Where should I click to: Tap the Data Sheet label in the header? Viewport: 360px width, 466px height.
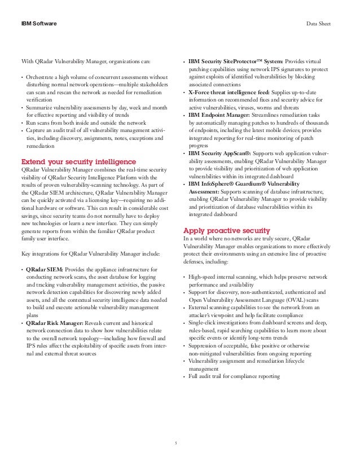pos(326,24)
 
